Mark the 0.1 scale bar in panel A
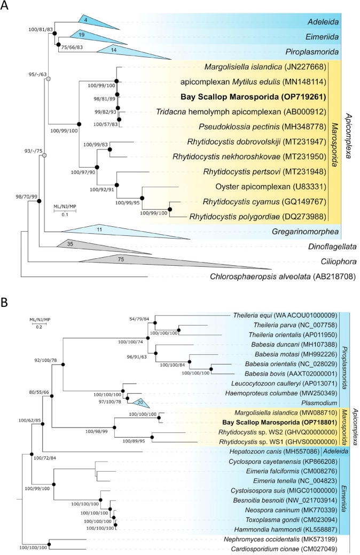coord(65,211)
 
